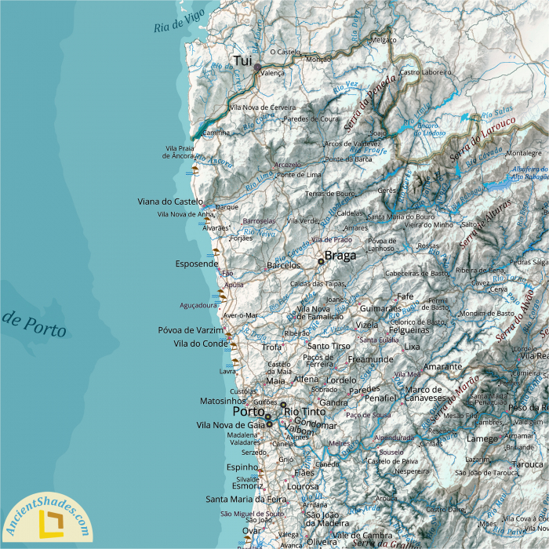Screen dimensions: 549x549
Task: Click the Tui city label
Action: [242, 60]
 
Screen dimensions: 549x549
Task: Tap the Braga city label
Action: [340, 256]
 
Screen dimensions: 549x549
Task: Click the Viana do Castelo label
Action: [170, 202]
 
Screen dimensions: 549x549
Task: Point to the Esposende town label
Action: [197, 264]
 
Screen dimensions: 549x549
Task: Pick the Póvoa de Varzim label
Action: [191, 330]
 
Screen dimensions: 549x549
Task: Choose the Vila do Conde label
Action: [200, 344]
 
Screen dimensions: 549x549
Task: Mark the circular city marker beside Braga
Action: [321, 261]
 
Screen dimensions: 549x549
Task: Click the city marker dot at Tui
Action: [256, 68]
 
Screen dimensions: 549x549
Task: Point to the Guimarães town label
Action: [380, 310]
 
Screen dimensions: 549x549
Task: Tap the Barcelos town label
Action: [284, 266]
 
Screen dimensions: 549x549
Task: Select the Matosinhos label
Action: [223, 400]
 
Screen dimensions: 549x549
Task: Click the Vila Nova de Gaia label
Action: [230, 424]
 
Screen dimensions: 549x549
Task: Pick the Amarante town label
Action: [443, 366]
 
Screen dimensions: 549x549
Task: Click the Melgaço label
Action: [384, 39]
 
